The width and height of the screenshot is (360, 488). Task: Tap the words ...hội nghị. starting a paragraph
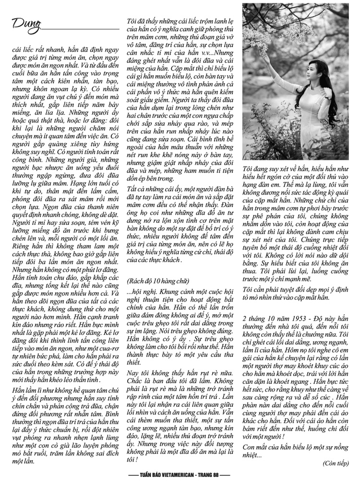pos(141,292)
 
